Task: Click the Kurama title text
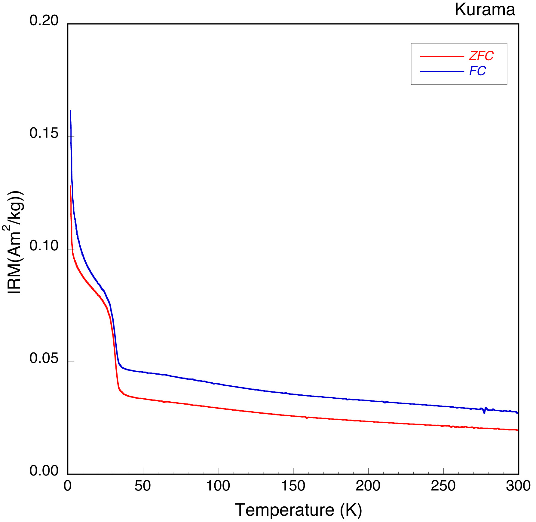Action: point(485,10)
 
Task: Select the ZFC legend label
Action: point(481,56)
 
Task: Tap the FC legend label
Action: point(477,71)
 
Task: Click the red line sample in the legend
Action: point(442,56)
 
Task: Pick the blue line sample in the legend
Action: point(442,71)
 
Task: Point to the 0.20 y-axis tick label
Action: point(44,21)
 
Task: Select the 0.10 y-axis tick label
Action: point(44,246)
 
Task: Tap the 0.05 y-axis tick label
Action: point(44,358)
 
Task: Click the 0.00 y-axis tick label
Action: point(44,471)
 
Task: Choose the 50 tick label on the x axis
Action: point(143,486)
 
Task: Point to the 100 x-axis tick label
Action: point(218,486)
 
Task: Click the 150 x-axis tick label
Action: point(293,486)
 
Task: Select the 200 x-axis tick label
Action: point(368,486)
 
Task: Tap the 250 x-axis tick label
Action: point(443,486)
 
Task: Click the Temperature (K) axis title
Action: point(298,510)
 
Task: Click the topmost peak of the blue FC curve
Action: point(70,111)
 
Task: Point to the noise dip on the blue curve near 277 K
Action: point(484,413)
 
